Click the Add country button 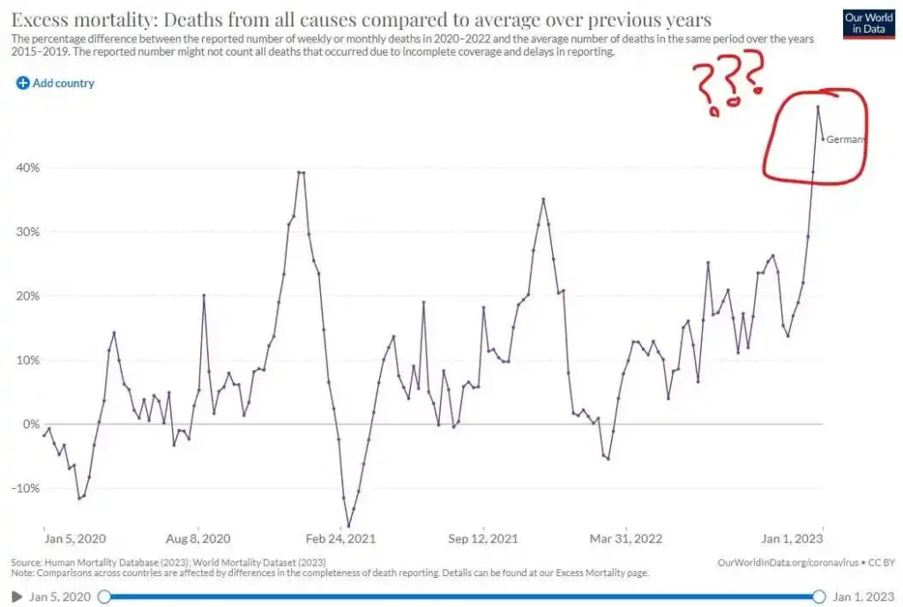pyautogui.click(x=55, y=83)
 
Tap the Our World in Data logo pyautogui.click(x=869, y=24)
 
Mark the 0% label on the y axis pyautogui.click(x=33, y=424)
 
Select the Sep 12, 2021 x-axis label pyautogui.click(x=483, y=538)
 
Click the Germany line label pyautogui.click(x=846, y=139)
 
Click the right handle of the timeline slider pyautogui.click(x=818, y=596)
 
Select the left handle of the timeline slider pyautogui.click(x=104, y=596)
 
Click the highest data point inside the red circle pyautogui.click(x=817, y=107)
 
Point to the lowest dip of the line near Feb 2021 pyautogui.click(x=348, y=527)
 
